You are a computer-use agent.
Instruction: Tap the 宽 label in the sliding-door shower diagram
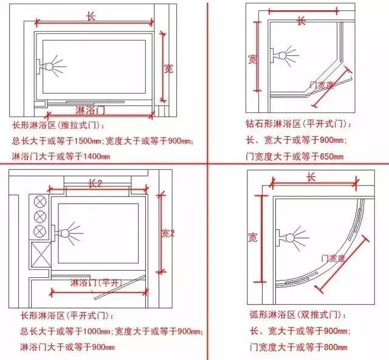click(168, 68)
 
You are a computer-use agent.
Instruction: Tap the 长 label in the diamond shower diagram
click(301, 20)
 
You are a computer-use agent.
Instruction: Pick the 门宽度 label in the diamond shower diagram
click(322, 86)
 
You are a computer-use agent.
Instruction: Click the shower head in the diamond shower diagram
click(286, 56)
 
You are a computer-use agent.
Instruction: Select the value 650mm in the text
click(329, 156)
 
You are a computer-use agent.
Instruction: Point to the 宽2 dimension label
click(168, 233)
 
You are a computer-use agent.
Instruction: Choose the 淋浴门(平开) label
click(96, 283)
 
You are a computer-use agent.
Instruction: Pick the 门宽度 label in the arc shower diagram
click(332, 259)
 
